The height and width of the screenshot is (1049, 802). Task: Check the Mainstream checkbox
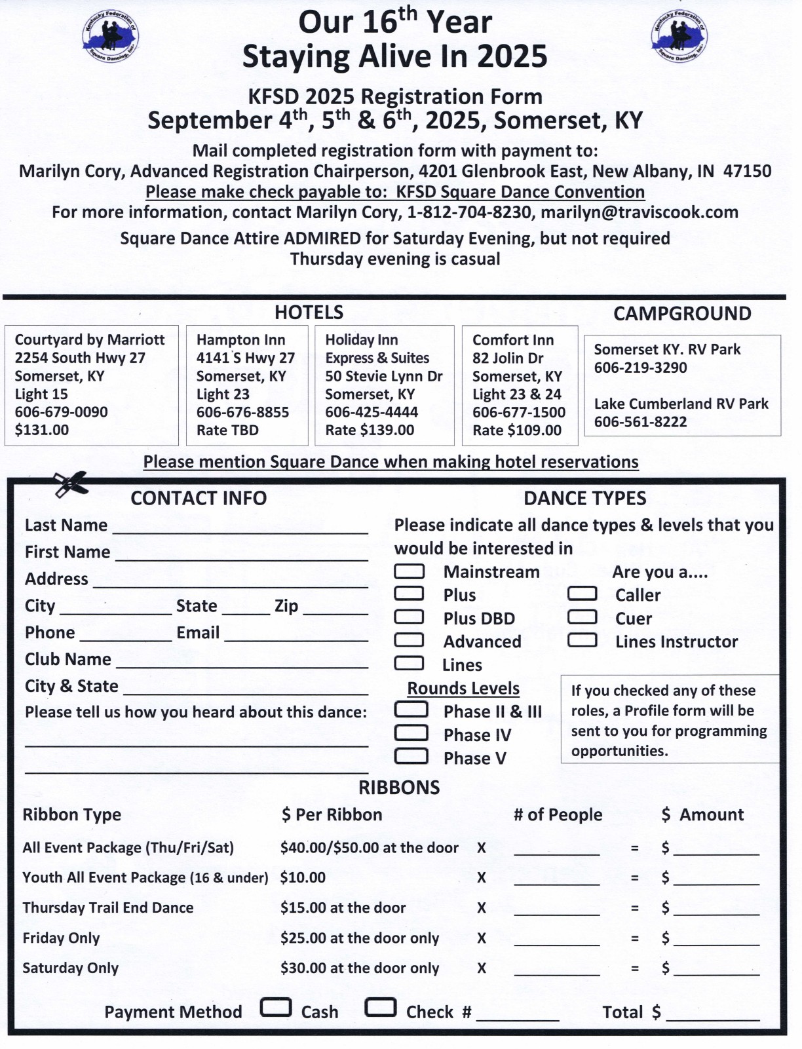(x=409, y=571)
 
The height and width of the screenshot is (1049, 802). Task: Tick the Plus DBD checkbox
(x=409, y=617)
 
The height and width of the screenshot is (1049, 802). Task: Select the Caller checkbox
(x=582, y=594)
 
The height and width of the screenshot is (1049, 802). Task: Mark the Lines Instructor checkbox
(x=582, y=640)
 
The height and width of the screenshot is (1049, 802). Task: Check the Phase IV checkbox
(x=411, y=733)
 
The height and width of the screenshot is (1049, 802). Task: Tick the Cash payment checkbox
(x=276, y=1008)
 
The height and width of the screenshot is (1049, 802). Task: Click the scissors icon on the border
(x=70, y=484)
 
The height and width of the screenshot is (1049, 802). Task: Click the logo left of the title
(x=110, y=37)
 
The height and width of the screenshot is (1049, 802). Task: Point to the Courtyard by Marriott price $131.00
(x=42, y=430)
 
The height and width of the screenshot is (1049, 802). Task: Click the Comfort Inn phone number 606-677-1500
(x=518, y=412)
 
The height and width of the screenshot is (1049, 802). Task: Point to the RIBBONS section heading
(x=399, y=788)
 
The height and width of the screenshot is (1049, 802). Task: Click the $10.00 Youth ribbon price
(x=303, y=877)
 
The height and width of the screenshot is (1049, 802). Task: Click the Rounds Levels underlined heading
(x=463, y=689)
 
